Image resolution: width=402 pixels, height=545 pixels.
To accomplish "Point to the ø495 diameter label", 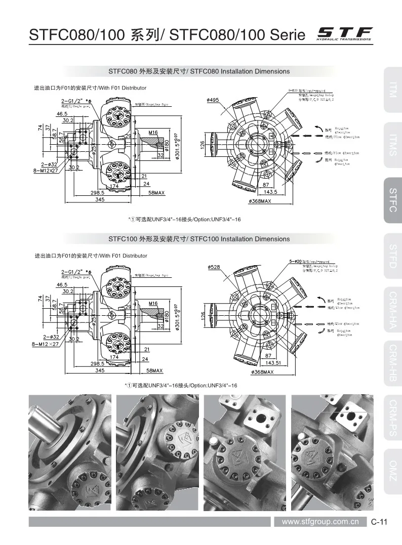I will point(213,100).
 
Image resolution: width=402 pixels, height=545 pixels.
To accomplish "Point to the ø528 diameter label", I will point(213,268).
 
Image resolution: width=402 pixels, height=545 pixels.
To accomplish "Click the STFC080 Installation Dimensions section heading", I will point(199,71).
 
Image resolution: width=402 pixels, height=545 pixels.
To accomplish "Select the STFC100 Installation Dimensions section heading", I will point(199,239).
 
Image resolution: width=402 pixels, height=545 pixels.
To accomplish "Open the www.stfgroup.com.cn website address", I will point(320,522).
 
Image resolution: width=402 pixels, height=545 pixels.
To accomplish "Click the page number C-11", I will point(379,522).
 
